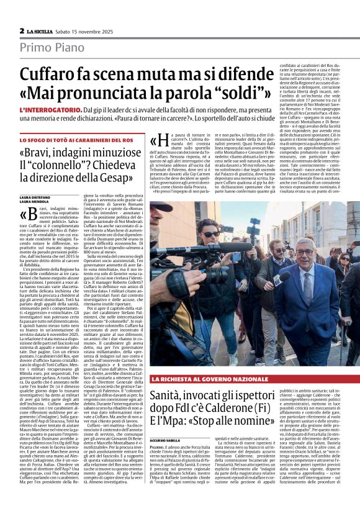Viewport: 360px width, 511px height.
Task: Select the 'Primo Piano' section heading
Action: pos(43,47)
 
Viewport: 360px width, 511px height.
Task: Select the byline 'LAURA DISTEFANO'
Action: pos(34,197)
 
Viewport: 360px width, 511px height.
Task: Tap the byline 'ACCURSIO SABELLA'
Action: pos(165,440)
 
